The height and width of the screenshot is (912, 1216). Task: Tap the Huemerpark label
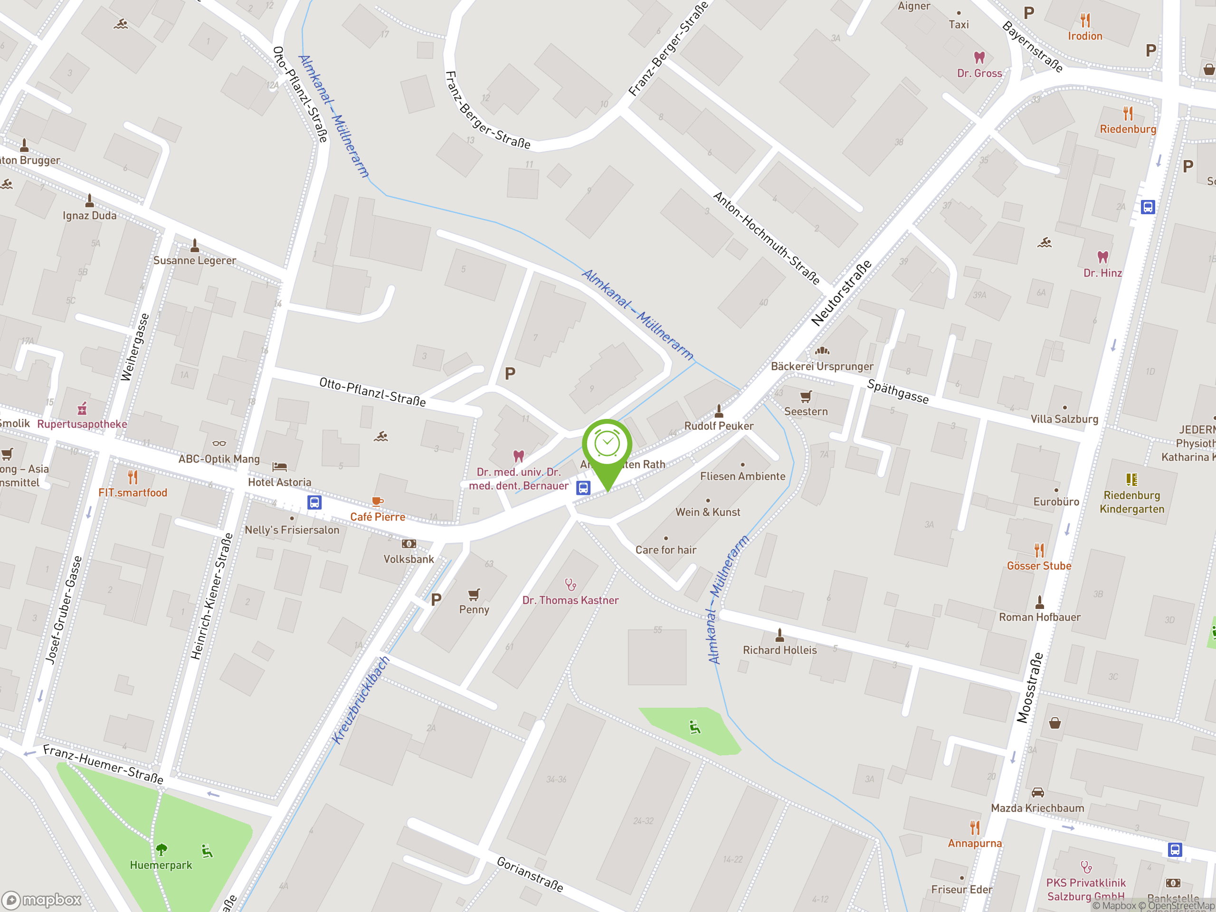(x=161, y=864)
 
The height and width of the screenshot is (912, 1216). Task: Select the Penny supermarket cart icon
(x=474, y=594)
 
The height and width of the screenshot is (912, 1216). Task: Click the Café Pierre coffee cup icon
(x=377, y=501)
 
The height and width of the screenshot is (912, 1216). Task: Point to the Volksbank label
(x=408, y=559)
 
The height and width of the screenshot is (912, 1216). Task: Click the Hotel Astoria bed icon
(x=280, y=467)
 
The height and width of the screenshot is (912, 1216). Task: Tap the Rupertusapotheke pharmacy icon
(x=83, y=408)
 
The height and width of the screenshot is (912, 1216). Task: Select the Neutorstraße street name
(x=841, y=293)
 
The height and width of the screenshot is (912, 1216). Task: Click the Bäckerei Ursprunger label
(x=822, y=366)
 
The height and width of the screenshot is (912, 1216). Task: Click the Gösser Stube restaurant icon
(x=1039, y=550)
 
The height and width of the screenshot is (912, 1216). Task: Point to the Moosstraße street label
(x=1029, y=687)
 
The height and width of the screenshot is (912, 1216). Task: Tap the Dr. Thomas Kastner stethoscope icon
(x=570, y=584)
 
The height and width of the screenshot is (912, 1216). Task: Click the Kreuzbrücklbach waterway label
(x=361, y=700)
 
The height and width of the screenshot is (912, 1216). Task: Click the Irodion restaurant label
(x=1084, y=36)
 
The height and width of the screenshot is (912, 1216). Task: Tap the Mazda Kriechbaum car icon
(x=1037, y=793)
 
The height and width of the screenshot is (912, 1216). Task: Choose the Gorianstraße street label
(x=530, y=874)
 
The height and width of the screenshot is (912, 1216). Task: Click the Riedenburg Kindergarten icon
(x=1131, y=479)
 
